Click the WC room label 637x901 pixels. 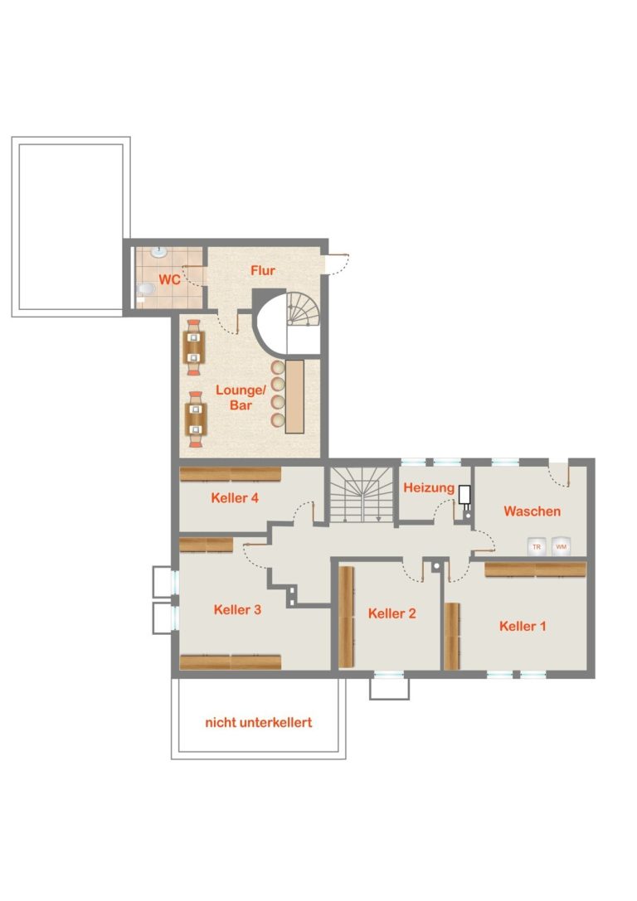tap(169, 280)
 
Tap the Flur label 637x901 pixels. tap(263, 271)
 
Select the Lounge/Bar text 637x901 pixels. tap(241, 398)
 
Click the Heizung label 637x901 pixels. tap(429, 488)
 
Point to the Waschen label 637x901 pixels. tap(532, 511)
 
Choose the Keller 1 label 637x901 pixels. tap(522, 626)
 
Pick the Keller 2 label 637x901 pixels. tap(391, 613)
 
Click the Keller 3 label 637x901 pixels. tap(237, 610)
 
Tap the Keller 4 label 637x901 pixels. tap(235, 497)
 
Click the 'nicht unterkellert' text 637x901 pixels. tap(259, 722)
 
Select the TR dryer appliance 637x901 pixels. tap(537, 546)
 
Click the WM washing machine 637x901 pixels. tap(562, 546)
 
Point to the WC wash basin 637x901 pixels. tap(158, 252)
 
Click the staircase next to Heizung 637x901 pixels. tap(362, 494)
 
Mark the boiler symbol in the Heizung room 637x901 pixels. tap(464, 495)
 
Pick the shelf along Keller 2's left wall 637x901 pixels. tap(346, 618)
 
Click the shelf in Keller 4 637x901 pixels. tap(231, 474)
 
